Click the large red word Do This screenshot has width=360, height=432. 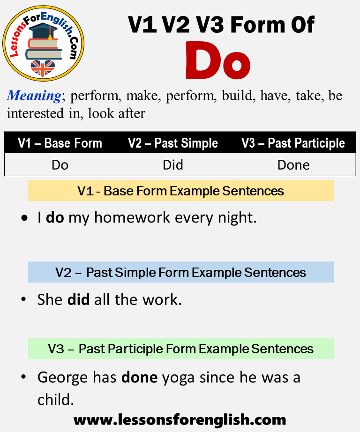coord(218,60)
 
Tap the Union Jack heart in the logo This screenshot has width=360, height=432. coord(43,68)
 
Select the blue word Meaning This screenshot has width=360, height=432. coord(34,96)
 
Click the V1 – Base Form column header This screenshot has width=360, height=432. coord(60,143)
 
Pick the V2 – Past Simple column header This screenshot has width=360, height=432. coord(173,143)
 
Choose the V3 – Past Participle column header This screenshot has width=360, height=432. coord(293,143)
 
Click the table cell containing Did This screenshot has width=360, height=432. coord(173,165)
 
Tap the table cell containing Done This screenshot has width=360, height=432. coord(293,165)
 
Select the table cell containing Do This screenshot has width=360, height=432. coord(60,165)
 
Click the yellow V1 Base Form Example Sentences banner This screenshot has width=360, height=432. coord(180,191)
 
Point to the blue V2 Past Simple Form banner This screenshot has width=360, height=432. coord(180,272)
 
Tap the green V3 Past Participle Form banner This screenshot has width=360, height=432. coord(180,349)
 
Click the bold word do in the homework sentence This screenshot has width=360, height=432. coord(55,217)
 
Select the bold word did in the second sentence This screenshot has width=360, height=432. coord(79,299)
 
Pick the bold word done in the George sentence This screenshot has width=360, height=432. coord(140,377)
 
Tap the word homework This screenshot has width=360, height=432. coord(132,217)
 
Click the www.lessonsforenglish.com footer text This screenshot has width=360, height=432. coord(180,420)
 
